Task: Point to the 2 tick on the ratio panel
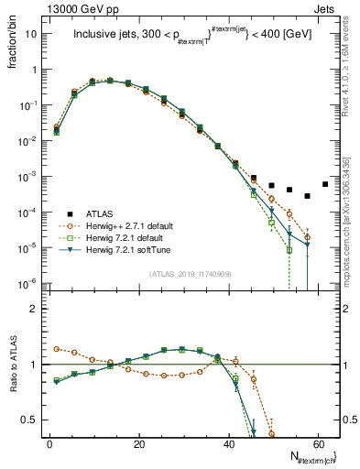pos(32,309)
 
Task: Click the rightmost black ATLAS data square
pos(325,184)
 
